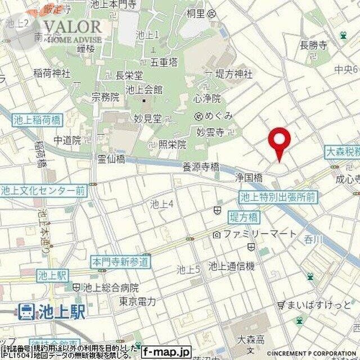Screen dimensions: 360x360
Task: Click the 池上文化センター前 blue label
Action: (x=44, y=191)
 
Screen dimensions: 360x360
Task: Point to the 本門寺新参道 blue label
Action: (x=121, y=262)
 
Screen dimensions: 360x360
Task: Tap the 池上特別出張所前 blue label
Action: (x=278, y=197)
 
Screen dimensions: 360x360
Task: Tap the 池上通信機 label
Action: (x=231, y=266)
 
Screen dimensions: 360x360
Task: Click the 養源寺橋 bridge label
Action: (x=200, y=166)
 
